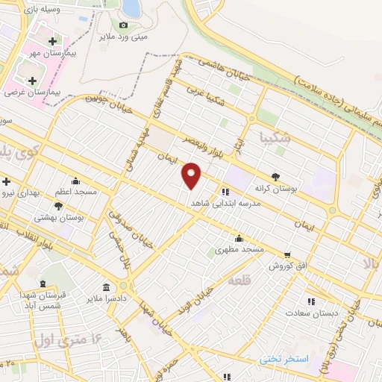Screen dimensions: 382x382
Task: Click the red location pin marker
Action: coord(192,176)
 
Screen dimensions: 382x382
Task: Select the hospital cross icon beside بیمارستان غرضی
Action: coord(32,81)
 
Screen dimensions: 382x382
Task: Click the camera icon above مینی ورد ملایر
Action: coord(124,25)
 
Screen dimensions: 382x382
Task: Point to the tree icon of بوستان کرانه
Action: coord(275,177)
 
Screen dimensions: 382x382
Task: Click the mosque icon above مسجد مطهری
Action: coord(239,239)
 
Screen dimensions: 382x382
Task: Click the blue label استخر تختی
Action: coord(284,359)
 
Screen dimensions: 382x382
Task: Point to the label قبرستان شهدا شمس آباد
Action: coord(43,301)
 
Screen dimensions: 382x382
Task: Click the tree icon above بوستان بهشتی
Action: coord(58,206)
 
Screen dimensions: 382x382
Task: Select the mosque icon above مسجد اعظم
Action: coord(75,181)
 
